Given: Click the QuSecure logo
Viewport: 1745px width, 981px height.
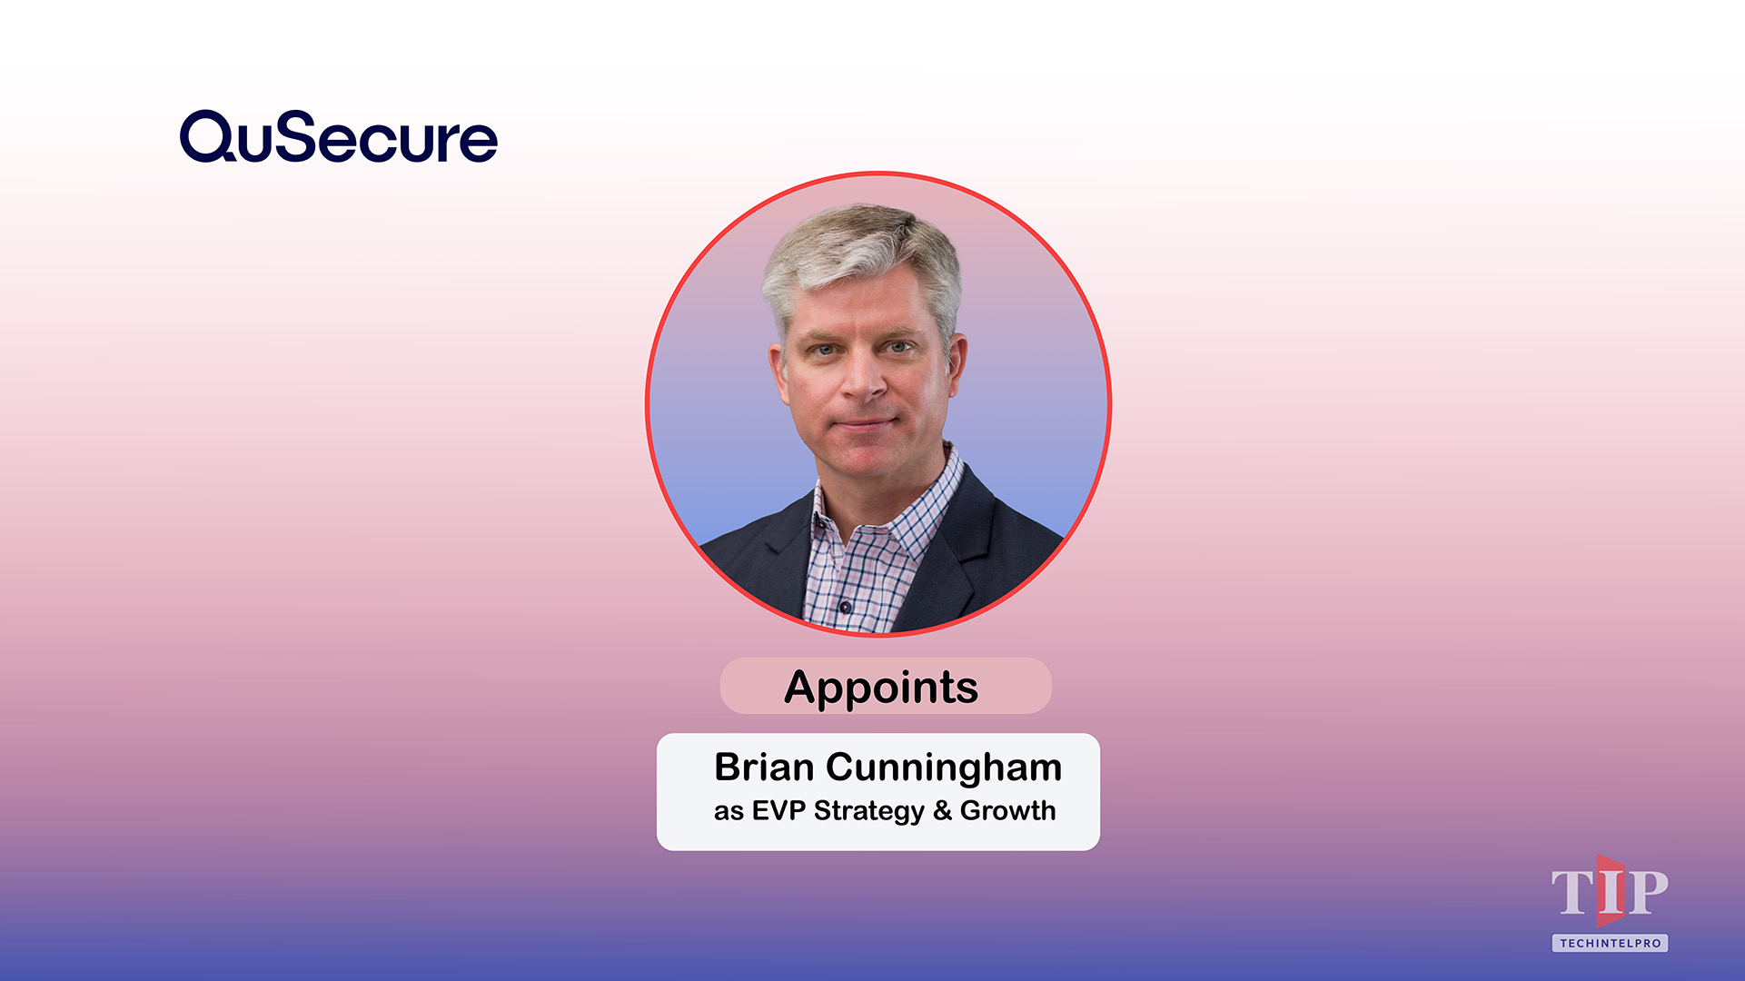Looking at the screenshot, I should pyautogui.click(x=338, y=137).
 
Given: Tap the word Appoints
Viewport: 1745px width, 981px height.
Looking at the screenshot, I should pyautogui.click(x=881, y=687).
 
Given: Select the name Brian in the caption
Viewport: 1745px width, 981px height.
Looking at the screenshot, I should pyautogui.click(x=763, y=768).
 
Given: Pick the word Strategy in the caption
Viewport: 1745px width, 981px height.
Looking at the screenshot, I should pyautogui.click(x=868, y=810).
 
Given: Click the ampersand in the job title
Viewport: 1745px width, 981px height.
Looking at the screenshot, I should pyautogui.click(x=942, y=810).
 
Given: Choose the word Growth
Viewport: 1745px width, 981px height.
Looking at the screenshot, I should pyautogui.click(x=1007, y=810).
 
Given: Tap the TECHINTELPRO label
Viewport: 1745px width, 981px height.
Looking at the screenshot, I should pyautogui.click(x=1610, y=943).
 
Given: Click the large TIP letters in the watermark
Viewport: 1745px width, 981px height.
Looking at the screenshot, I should pyautogui.click(x=1609, y=892).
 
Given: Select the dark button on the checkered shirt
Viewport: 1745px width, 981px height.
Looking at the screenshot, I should pyautogui.click(x=845, y=606).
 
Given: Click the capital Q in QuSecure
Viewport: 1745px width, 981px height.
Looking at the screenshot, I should pyautogui.click(x=208, y=137).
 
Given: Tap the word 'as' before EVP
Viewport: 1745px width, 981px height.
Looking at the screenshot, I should pyautogui.click(x=729, y=811).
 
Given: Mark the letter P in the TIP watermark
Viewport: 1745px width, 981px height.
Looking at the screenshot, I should pyautogui.click(x=1646, y=892).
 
